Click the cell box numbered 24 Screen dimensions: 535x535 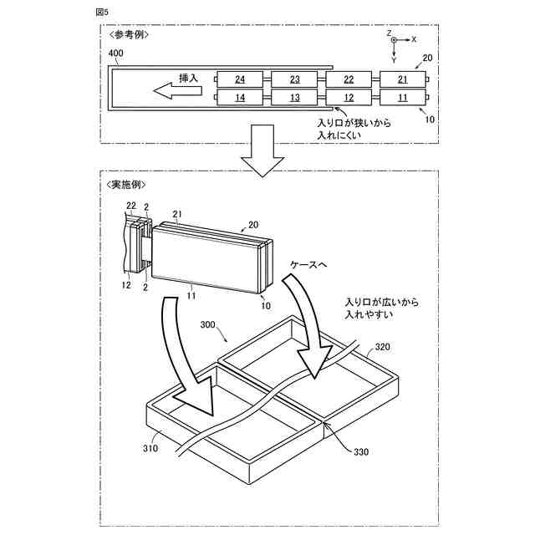[x=240, y=79]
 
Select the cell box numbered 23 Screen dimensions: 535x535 [x=295, y=79]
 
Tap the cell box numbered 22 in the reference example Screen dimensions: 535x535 [x=349, y=79]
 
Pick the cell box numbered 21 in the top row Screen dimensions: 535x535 [x=403, y=79]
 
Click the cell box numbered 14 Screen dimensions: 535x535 [x=240, y=98]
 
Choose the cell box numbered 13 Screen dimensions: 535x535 [x=295, y=98]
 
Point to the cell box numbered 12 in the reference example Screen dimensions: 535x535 [x=349, y=98]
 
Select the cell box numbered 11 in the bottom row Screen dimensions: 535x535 [x=403, y=98]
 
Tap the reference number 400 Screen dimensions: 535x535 [x=116, y=53]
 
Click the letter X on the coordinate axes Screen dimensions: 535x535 [x=414, y=39]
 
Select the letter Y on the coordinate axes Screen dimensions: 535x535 [x=394, y=60]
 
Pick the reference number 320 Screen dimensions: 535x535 [x=382, y=345]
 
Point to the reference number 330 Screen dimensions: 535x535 [x=361, y=452]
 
